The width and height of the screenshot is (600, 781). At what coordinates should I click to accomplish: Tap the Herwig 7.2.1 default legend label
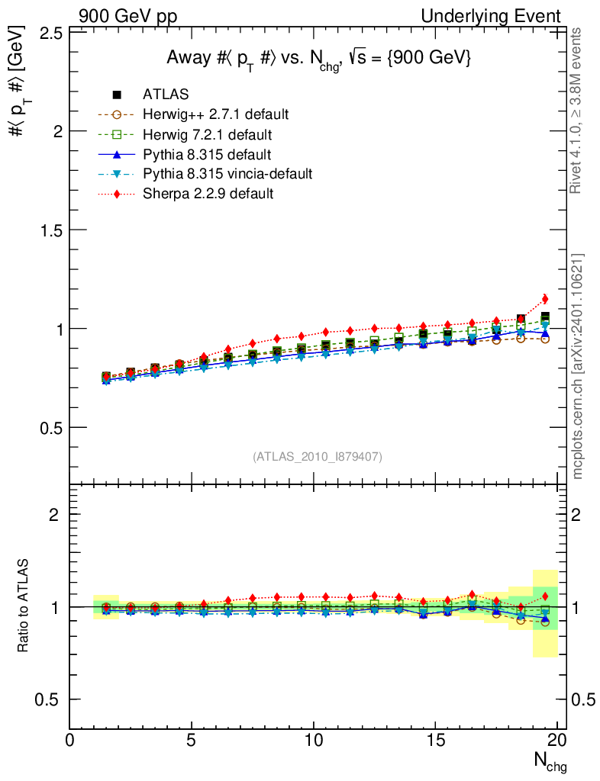[207, 134]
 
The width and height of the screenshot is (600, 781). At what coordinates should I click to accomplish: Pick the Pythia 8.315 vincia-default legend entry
[227, 174]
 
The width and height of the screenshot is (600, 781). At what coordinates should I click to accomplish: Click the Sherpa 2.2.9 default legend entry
[208, 194]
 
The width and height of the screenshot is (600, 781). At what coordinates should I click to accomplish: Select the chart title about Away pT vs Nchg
[319, 59]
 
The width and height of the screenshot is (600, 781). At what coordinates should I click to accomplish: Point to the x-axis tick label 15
[434, 741]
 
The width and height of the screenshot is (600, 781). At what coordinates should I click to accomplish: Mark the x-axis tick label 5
[191, 741]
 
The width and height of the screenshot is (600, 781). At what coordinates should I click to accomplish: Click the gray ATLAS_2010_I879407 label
[317, 456]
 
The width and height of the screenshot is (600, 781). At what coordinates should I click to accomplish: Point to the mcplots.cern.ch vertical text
[578, 366]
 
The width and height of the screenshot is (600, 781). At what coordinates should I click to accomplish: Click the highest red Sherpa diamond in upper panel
[545, 299]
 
